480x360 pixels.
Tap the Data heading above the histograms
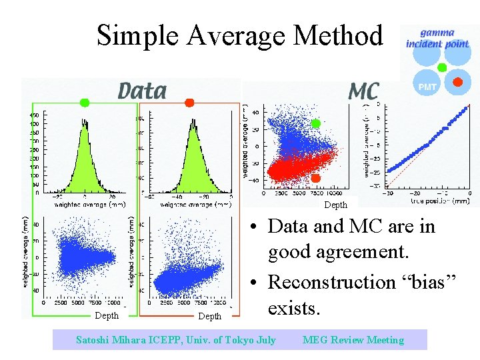point(142,91)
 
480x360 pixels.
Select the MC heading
point(364,91)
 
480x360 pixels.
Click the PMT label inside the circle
point(427,87)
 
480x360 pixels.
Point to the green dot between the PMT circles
point(441,67)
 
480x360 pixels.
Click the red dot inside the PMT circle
point(457,82)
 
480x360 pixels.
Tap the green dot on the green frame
point(84,102)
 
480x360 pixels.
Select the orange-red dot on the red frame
point(189,102)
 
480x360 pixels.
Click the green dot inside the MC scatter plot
point(316,124)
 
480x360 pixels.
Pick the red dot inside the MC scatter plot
point(316,178)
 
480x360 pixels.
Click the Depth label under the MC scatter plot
point(335,205)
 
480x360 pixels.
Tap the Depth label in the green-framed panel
point(107,315)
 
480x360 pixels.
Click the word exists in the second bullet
point(294,309)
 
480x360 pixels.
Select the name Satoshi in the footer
point(95,340)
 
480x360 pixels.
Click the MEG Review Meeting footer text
point(353,340)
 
